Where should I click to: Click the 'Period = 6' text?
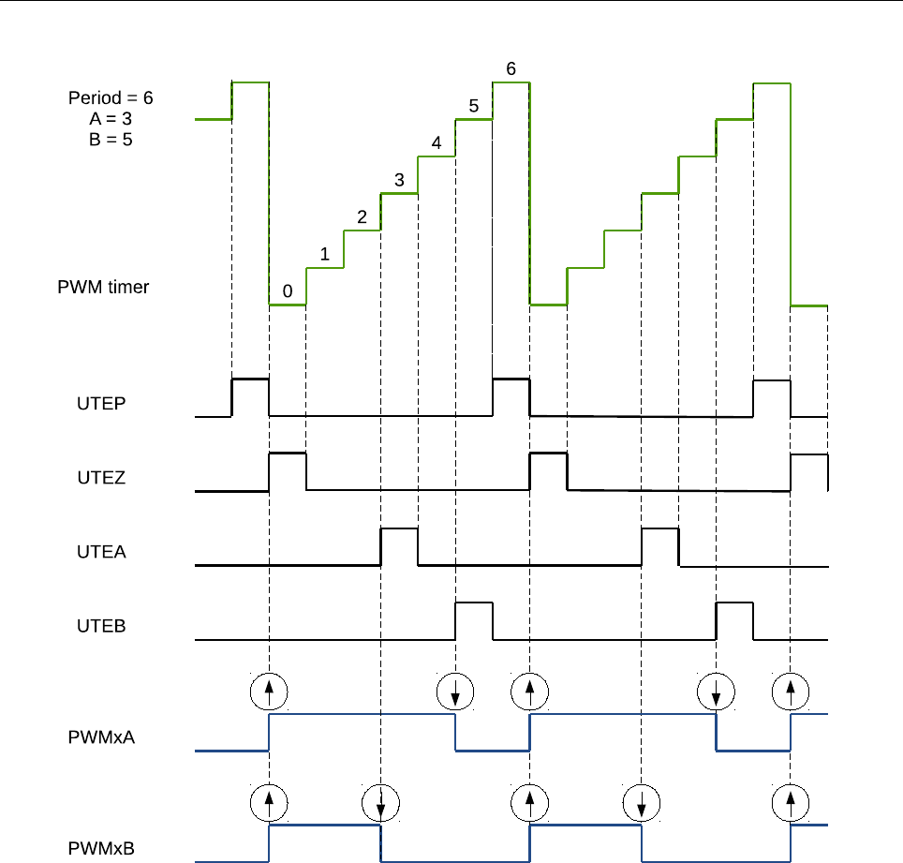coord(111,97)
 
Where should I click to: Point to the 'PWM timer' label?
coord(103,287)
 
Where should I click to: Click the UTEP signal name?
coord(101,404)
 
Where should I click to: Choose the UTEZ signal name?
coord(101,478)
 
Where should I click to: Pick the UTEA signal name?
coord(101,552)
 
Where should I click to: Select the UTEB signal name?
coord(101,626)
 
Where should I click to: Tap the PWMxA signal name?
coord(101,737)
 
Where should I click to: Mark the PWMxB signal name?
coord(101,849)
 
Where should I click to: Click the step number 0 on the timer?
coord(288,291)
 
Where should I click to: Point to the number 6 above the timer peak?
coord(511,69)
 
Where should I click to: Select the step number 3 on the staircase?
coord(399,180)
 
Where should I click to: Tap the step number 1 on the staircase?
coord(324,254)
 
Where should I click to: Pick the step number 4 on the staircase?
coord(436,143)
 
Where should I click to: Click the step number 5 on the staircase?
coord(474,106)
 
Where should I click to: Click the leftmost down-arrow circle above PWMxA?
coord(455,692)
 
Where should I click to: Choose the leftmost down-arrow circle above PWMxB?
coord(380,803)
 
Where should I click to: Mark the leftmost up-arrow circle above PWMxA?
coord(270,692)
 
